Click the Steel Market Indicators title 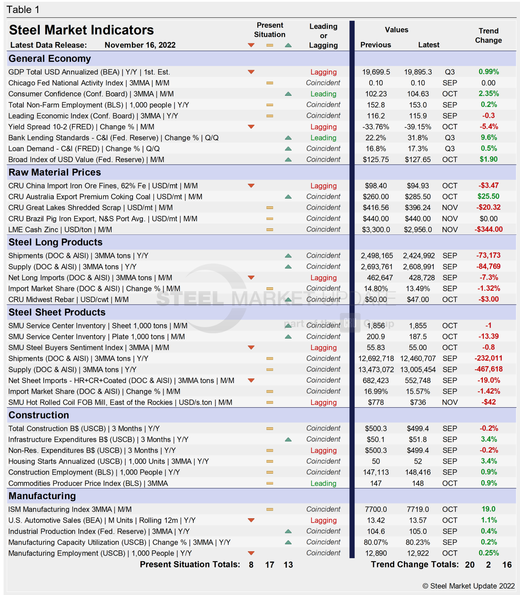(x=81, y=30)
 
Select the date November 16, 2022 (x=140, y=45)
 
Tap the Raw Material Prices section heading (x=55, y=172)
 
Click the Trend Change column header (x=488, y=36)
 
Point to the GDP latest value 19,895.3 (x=418, y=72)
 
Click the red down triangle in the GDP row (x=251, y=72)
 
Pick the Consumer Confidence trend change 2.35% (x=488, y=94)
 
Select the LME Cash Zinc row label (x=60, y=230)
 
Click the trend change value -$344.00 (x=488, y=230)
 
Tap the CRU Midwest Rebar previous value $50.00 (x=376, y=299)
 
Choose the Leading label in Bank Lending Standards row (x=323, y=138)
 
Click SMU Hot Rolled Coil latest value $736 (x=418, y=402)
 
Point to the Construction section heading (x=39, y=415)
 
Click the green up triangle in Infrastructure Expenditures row (x=288, y=439)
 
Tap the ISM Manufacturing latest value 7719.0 (x=418, y=509)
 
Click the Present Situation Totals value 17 (x=270, y=565)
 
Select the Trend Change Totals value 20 (x=470, y=565)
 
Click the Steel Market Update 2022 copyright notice (x=469, y=586)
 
